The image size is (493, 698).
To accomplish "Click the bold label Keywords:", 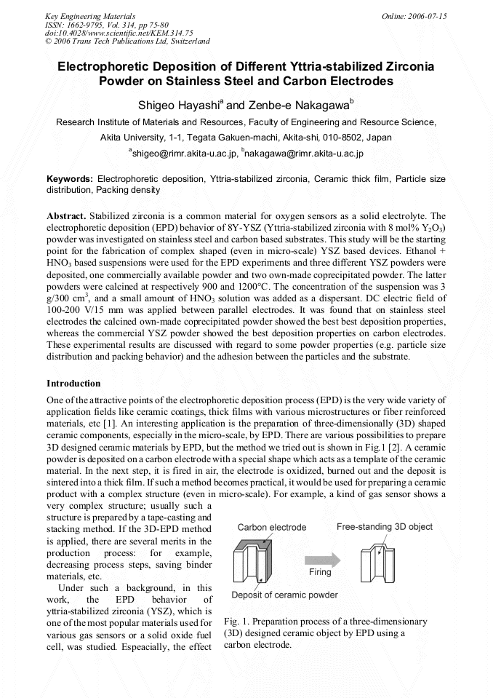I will pos(70,178).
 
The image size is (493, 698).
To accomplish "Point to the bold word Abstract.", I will pos(66,216).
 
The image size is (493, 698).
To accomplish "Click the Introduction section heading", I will pos(73,383).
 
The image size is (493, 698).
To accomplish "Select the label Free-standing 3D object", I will pos(385,526).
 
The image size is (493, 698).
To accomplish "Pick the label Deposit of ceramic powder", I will pos(284,595).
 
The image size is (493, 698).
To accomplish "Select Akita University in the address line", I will pos(135,137).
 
